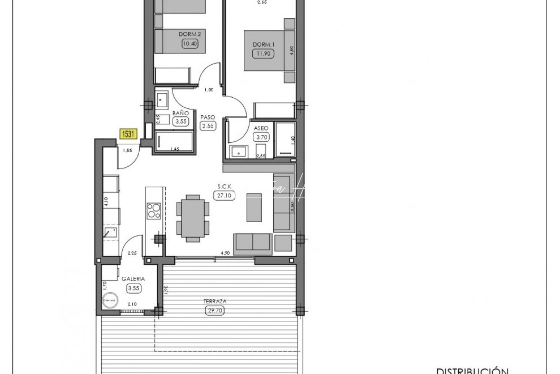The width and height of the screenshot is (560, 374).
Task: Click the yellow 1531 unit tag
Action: [x=128, y=134]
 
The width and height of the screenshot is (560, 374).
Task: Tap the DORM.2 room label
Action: [x=190, y=34]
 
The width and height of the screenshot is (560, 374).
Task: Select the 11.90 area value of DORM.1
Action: [x=263, y=54]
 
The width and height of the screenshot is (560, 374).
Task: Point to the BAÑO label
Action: [x=181, y=113]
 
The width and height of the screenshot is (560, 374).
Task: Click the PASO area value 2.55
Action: [x=208, y=126]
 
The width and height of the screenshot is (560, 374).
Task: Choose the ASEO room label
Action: [x=261, y=128]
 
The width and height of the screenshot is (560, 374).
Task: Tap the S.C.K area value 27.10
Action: [x=224, y=196]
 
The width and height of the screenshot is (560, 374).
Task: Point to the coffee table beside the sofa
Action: [x=254, y=208]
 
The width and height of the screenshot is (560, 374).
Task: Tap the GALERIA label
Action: [x=133, y=279]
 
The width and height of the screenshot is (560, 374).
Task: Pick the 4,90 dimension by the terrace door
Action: [x=225, y=253]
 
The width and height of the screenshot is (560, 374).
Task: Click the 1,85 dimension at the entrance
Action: [x=128, y=150]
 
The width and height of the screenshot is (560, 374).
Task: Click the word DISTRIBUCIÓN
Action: [x=472, y=371]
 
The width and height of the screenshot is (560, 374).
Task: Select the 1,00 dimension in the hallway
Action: [x=209, y=90]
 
